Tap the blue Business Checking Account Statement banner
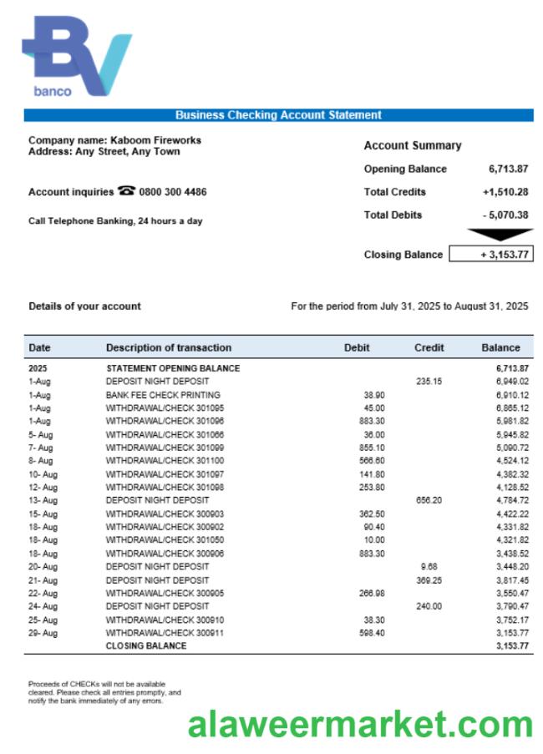278,115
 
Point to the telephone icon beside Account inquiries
126,191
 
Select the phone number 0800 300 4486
173,192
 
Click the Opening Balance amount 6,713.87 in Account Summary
508,169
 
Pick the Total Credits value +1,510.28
505,192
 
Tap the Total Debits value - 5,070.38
505,215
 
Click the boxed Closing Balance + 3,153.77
491,255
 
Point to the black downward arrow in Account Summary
499,235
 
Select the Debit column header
357,347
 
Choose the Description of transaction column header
169,347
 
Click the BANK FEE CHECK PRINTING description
163,394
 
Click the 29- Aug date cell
43,633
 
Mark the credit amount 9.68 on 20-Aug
429,566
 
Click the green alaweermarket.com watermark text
360,724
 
